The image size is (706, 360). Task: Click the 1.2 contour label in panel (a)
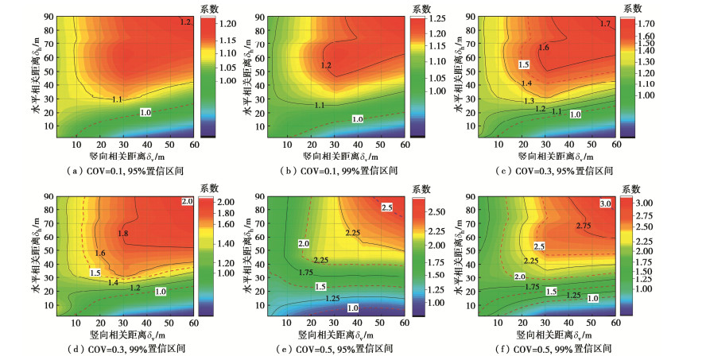pos(186,22)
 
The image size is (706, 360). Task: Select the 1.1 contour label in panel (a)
pos(117,99)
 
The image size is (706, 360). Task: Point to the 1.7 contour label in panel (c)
pos(606,25)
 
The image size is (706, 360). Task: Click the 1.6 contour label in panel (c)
pos(544,48)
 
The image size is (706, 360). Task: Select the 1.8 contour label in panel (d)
pos(122,233)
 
